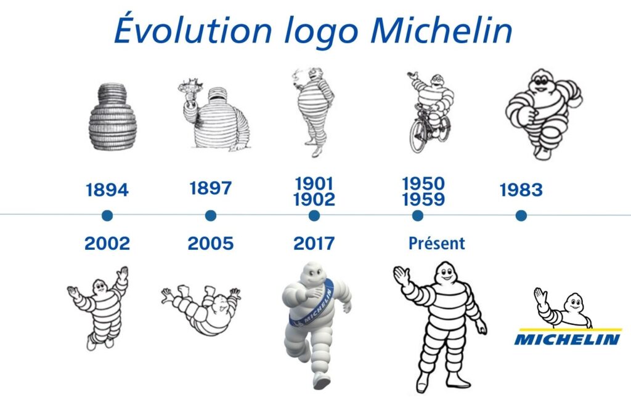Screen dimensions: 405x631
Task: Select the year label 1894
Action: pyautogui.click(x=107, y=190)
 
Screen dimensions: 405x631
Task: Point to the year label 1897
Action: pyautogui.click(x=210, y=188)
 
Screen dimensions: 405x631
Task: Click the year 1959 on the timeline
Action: pyautogui.click(x=423, y=199)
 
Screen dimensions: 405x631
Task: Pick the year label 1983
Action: pyautogui.click(x=521, y=190)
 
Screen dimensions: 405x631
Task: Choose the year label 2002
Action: pyautogui.click(x=107, y=244)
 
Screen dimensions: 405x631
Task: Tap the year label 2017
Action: pyautogui.click(x=314, y=244)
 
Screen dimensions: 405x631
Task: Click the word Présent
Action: pyautogui.click(x=436, y=244)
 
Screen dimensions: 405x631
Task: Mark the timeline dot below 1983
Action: pyautogui.click(x=521, y=215)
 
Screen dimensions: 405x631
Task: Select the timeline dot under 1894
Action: pyautogui.click(x=107, y=215)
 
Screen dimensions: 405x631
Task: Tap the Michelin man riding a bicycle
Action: pyautogui.click(x=429, y=111)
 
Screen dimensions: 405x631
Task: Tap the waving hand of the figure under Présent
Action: pyautogui.click(x=401, y=276)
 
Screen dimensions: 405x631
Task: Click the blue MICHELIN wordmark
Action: pyautogui.click(x=567, y=339)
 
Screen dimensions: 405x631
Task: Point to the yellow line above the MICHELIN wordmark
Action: pyautogui.click(x=567, y=329)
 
